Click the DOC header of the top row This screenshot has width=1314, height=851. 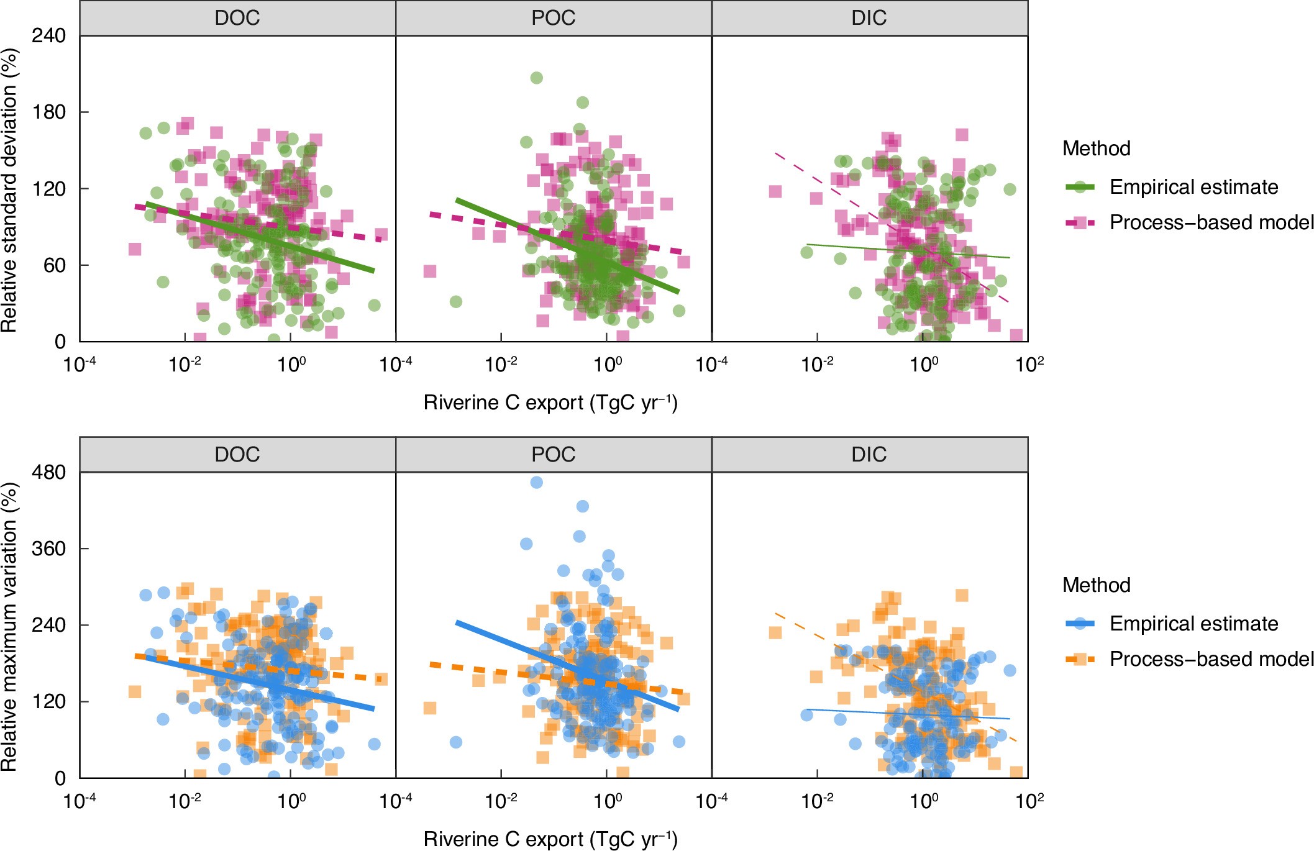point(237,18)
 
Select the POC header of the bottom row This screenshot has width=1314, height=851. point(553,455)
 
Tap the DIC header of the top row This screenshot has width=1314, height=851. point(869,18)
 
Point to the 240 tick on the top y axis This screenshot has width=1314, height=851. point(48,35)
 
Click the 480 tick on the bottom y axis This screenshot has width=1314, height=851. point(48,472)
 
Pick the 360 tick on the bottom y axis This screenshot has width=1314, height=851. point(48,548)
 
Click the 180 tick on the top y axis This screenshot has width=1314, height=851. point(48,112)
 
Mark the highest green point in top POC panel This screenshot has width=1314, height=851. point(537,78)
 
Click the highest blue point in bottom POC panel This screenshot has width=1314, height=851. point(537,483)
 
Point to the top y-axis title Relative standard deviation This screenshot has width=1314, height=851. point(9,189)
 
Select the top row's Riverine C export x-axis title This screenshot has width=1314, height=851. point(550,403)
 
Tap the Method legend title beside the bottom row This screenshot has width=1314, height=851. point(1096,585)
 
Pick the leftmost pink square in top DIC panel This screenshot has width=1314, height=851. point(775,191)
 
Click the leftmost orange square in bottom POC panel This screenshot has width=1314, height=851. point(429,708)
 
